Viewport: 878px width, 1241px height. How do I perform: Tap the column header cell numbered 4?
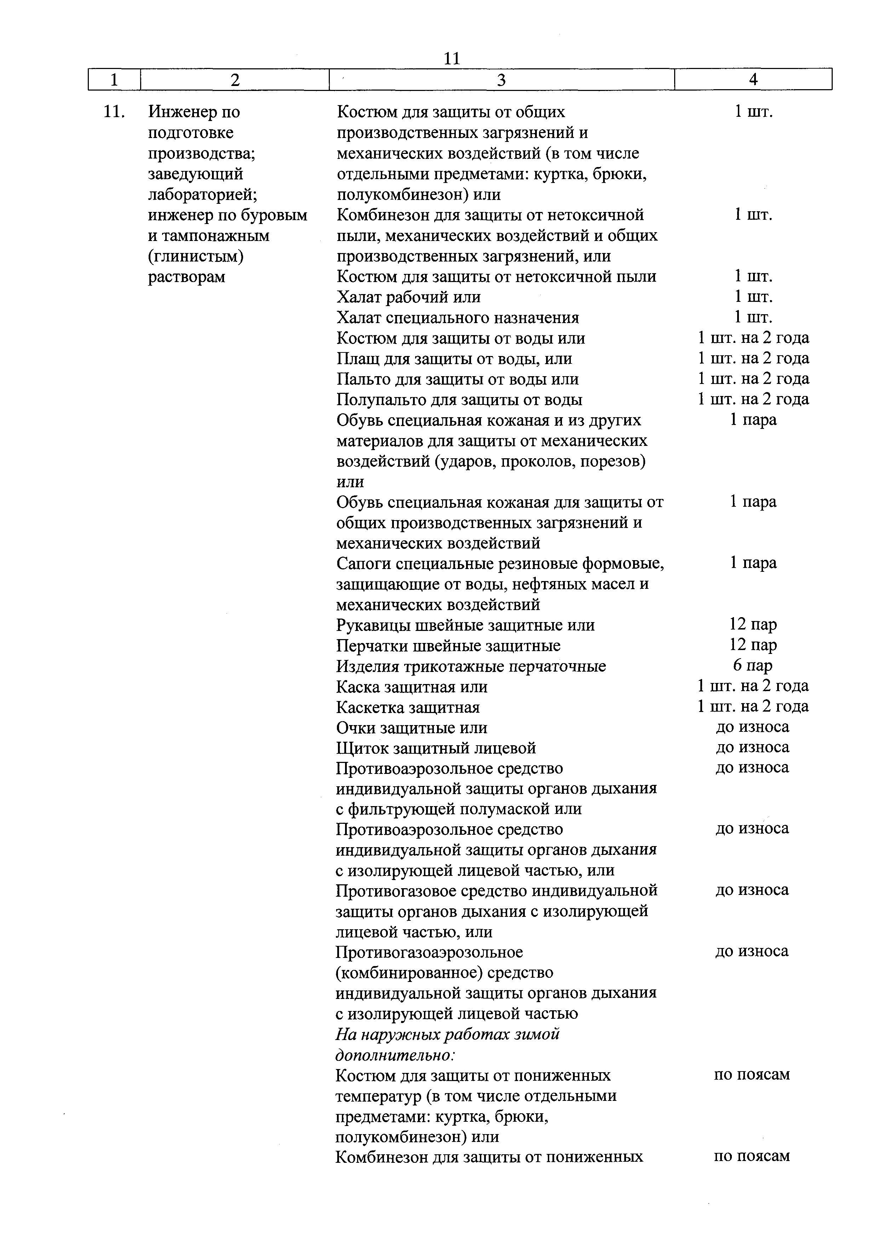click(753, 80)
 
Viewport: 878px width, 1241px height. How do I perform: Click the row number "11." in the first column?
click(115, 112)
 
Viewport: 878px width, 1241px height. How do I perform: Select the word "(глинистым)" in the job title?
click(196, 256)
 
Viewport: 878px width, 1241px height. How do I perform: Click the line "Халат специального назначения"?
click(457, 318)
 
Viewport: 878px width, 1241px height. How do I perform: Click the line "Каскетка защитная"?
click(408, 707)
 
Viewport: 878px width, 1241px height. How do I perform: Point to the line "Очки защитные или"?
click(412, 728)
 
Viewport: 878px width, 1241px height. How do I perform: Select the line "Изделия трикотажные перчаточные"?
click(471, 666)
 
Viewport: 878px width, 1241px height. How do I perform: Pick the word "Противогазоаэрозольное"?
click(429, 952)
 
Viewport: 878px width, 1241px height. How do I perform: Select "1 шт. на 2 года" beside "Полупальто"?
click(753, 400)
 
